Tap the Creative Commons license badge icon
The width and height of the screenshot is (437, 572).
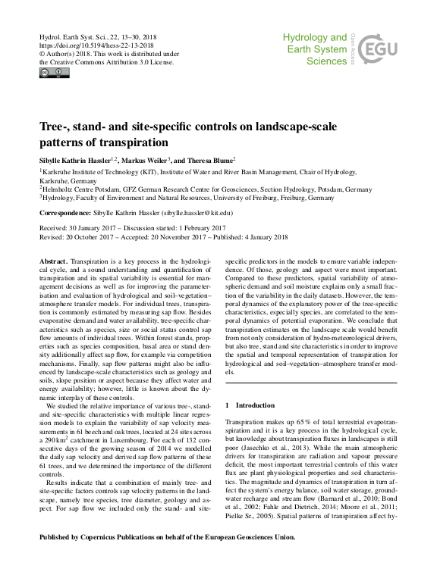[x=55, y=73]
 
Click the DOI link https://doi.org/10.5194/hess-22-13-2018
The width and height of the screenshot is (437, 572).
[x=93, y=45]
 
